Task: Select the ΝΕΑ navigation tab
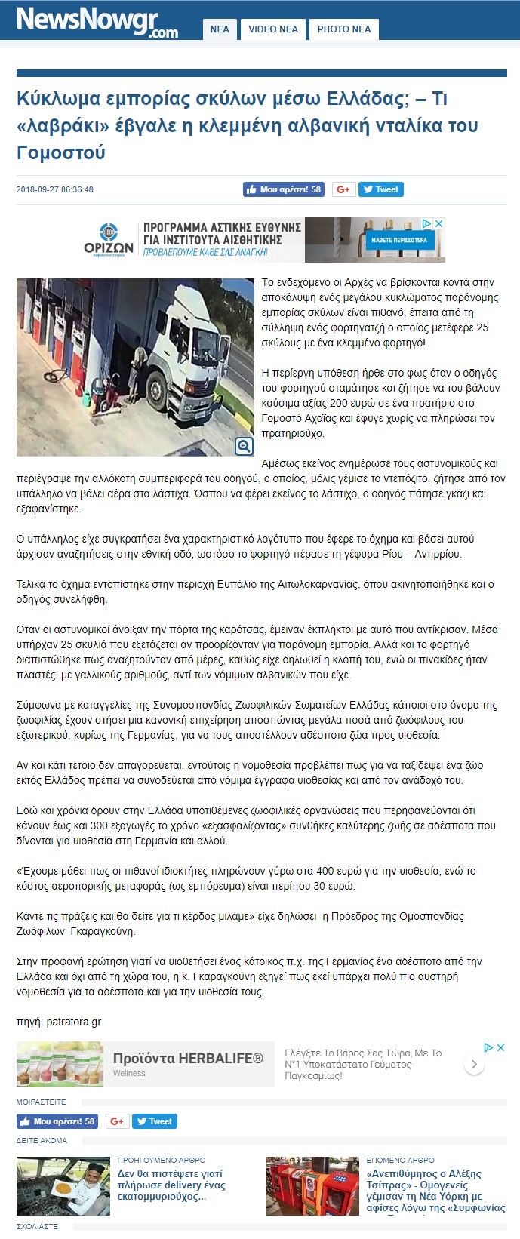(220, 29)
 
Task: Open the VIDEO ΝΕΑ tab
(273, 29)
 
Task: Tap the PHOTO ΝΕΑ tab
(343, 29)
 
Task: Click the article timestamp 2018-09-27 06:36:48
(55, 189)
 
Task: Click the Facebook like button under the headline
(284, 189)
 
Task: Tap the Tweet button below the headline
(381, 189)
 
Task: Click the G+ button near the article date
(342, 189)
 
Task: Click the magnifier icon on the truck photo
(244, 446)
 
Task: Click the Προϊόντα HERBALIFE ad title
(188, 1058)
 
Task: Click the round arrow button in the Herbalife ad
(474, 1064)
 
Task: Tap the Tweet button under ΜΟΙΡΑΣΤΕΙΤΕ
(155, 1121)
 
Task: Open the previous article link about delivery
(171, 1185)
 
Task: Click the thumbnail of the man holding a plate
(63, 1185)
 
